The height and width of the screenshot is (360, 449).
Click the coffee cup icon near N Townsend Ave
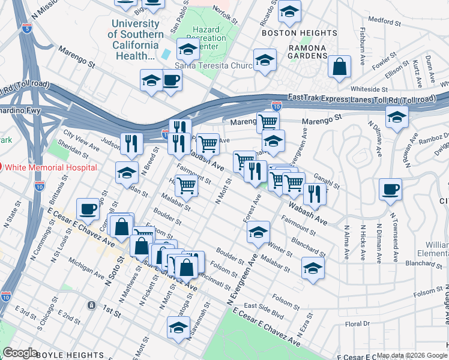click(x=390, y=190)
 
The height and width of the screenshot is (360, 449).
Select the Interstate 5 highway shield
click(x=26, y=27)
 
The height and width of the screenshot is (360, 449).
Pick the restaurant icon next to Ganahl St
click(x=314, y=193)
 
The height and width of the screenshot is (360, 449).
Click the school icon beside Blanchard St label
click(x=313, y=268)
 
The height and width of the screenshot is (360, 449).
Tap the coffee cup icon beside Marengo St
click(x=171, y=80)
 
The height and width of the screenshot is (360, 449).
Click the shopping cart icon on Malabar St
click(x=187, y=187)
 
